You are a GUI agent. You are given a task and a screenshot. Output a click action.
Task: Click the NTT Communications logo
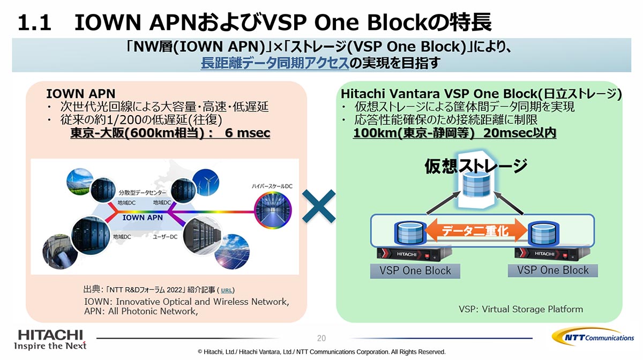[593, 337]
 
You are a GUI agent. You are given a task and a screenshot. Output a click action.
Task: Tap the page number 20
[322, 338]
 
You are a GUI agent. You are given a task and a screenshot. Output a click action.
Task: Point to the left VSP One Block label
[415, 271]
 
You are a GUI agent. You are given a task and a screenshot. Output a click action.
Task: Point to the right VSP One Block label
[553, 270]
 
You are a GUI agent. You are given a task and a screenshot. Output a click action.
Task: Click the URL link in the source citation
[227, 290]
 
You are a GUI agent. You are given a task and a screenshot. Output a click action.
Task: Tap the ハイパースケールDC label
[272, 186]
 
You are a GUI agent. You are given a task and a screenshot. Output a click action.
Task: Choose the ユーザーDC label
[166, 236]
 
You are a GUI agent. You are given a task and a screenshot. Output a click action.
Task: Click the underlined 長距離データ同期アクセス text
[274, 64]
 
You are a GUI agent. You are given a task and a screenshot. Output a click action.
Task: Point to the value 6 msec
[247, 133]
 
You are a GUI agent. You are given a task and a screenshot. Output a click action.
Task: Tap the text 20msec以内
[519, 133]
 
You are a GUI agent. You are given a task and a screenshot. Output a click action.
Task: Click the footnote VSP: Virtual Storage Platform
[521, 309]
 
